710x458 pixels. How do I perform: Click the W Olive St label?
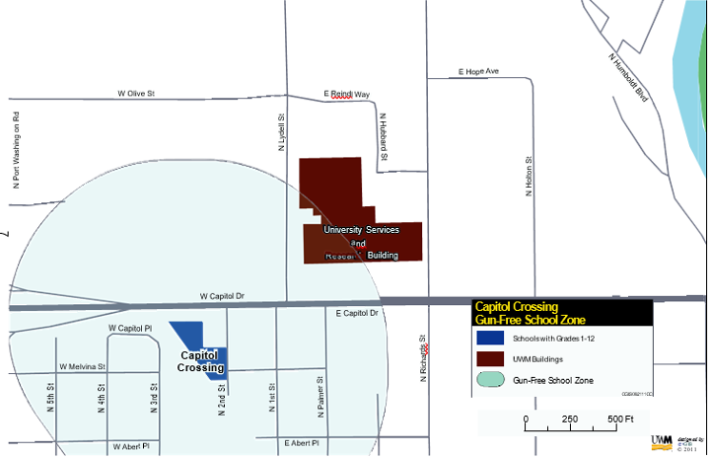tap(136, 93)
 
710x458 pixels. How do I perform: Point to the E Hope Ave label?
tap(479, 72)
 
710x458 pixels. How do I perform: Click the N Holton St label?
tap(530, 176)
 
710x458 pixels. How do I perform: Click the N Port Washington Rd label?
tap(17, 147)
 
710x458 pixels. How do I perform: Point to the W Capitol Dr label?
tap(221, 295)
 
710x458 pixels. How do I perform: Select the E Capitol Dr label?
tap(357, 313)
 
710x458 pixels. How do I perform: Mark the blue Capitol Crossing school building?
tap(190, 334)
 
